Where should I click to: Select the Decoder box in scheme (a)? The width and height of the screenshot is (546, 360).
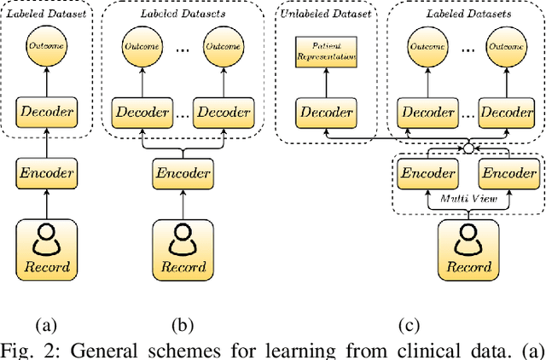click(x=47, y=112)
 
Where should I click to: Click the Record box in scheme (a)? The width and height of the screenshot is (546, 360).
click(x=47, y=252)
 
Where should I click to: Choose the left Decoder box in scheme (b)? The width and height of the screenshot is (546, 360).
click(x=140, y=112)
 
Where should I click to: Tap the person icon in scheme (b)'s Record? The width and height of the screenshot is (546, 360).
click(x=181, y=242)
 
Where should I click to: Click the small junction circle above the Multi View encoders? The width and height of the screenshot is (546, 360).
click(x=468, y=148)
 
